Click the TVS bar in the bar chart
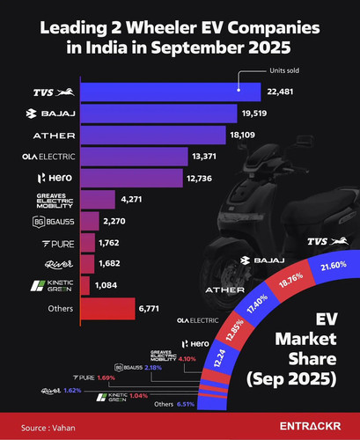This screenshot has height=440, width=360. (x=171, y=92)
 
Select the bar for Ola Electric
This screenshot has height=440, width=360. (x=134, y=157)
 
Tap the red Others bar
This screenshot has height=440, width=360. (x=107, y=309)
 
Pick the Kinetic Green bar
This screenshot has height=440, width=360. (x=85, y=285)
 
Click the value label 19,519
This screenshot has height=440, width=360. (x=254, y=114)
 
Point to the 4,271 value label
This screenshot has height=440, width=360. (x=131, y=200)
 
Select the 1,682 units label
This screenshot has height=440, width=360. (x=109, y=263)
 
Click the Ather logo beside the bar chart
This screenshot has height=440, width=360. (x=54, y=136)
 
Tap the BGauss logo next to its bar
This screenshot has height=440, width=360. (x=54, y=222)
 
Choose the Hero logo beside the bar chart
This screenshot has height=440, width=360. (x=55, y=178)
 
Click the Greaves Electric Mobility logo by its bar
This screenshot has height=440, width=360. (x=55, y=201)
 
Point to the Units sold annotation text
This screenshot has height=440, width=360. (x=284, y=70)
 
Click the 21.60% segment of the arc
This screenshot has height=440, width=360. (x=334, y=266)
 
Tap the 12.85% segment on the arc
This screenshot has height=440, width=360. (x=234, y=328)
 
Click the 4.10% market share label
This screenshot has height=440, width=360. (x=187, y=359)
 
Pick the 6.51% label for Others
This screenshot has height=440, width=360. (x=186, y=404)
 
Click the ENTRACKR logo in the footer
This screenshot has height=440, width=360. (x=310, y=426)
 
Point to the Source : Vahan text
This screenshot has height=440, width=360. (x=48, y=428)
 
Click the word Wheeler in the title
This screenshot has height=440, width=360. (x=161, y=28)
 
